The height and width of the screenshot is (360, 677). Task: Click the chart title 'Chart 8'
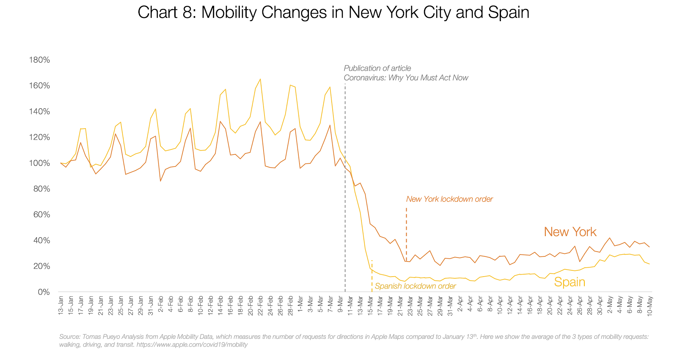(x=333, y=13)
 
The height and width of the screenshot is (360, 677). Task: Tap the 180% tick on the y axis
(x=39, y=60)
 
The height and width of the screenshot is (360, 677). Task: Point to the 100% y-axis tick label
(x=39, y=163)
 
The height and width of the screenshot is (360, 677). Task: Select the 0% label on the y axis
(x=44, y=292)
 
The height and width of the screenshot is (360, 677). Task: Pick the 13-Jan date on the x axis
(x=61, y=305)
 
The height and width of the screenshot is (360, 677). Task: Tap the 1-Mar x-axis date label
(x=300, y=304)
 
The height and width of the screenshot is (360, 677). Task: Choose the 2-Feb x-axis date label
(x=161, y=304)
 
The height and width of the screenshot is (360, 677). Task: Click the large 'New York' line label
(x=570, y=232)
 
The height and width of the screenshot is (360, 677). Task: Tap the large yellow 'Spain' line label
(x=570, y=282)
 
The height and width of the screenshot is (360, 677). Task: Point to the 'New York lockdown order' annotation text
(x=449, y=199)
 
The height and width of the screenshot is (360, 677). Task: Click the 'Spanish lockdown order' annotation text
(x=415, y=286)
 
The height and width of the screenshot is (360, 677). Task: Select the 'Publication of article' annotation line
(x=377, y=68)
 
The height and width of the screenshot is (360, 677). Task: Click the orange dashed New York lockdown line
(x=406, y=233)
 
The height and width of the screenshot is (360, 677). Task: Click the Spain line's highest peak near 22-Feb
(x=260, y=79)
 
